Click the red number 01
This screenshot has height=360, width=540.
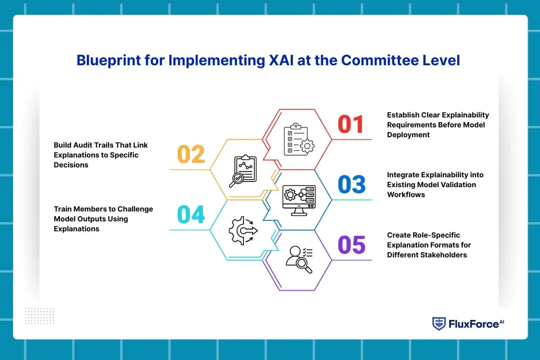tap(351, 124)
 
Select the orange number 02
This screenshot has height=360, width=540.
tap(191, 154)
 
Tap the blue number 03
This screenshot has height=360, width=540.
tap(352, 184)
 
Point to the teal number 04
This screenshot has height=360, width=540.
tap(191, 214)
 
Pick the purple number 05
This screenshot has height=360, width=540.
tap(352, 245)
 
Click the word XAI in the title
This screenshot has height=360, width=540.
tap(281, 60)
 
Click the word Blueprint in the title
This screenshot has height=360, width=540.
tap(109, 60)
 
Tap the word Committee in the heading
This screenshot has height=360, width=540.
tap(380, 60)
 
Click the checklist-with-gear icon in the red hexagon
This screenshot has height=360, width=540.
tap(299, 139)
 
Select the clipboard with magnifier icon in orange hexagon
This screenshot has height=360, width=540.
tap(243, 171)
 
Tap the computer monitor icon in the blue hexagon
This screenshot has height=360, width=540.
tap(299, 200)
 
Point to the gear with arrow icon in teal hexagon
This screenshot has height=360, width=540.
tap(243, 231)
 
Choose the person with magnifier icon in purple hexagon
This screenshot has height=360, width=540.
tap(299, 260)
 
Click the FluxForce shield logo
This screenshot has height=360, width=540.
tap(439, 324)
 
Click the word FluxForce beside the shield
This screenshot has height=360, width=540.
tap(474, 324)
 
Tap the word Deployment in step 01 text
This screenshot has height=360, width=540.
tap(409, 135)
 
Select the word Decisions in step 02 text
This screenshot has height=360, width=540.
tap(71, 165)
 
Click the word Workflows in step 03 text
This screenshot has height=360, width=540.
tap(406, 194)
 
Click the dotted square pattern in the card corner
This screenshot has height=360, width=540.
tap(40, 316)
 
